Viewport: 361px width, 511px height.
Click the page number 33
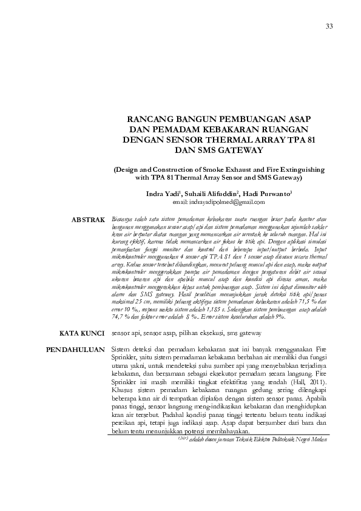pos(329,25)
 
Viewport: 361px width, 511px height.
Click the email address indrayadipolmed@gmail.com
pos(219,201)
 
